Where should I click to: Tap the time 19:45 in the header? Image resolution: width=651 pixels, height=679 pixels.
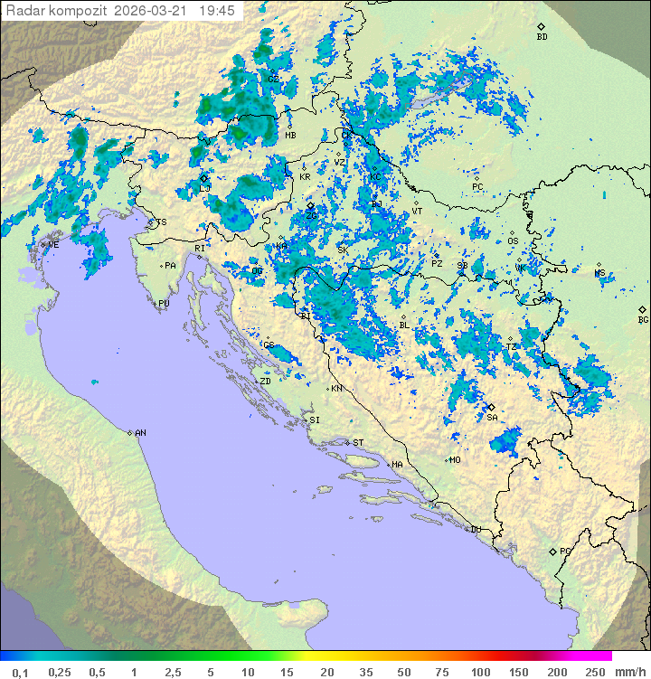click(217, 10)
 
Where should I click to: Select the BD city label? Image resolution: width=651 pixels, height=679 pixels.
click(542, 37)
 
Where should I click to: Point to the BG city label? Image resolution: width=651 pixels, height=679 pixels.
click(643, 319)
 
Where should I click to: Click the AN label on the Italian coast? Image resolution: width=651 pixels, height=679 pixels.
click(140, 433)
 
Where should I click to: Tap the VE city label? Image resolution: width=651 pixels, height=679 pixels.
click(53, 245)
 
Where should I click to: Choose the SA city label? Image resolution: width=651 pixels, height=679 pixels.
click(492, 418)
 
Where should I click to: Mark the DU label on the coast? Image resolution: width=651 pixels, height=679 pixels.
click(475, 530)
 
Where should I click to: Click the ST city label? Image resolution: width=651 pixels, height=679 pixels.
click(358, 443)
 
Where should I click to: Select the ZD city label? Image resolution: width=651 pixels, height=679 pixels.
click(265, 382)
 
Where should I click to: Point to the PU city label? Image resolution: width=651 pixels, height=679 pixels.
click(164, 304)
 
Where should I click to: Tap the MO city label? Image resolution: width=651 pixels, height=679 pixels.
click(456, 459)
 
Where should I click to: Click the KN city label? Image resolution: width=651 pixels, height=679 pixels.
click(336, 389)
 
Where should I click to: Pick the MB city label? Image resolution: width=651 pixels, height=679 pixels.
click(290, 136)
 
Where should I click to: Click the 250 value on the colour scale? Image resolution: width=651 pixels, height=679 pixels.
click(594, 672)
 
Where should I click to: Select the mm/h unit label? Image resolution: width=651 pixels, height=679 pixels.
click(629, 672)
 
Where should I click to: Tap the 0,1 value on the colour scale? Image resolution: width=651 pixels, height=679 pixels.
click(20, 672)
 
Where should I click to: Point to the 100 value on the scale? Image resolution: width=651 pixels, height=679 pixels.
click(480, 672)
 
